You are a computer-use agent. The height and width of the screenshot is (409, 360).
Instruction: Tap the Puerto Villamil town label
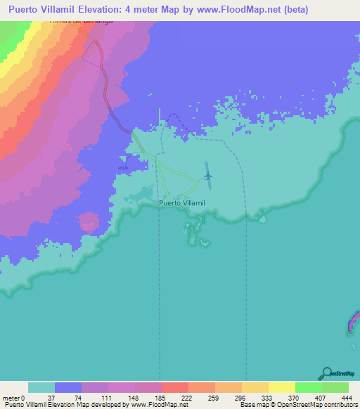point(181,202)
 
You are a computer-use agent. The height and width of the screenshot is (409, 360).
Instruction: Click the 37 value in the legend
point(56,398)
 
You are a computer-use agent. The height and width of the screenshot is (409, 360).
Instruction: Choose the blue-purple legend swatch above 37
point(68,387)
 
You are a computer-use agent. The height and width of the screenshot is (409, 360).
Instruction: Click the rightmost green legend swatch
point(335,387)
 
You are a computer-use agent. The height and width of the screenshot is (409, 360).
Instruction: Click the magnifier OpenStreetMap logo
point(326,373)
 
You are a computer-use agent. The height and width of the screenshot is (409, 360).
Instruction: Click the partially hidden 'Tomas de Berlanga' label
point(81,22)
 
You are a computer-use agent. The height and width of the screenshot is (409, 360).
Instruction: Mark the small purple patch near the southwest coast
point(89,222)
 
